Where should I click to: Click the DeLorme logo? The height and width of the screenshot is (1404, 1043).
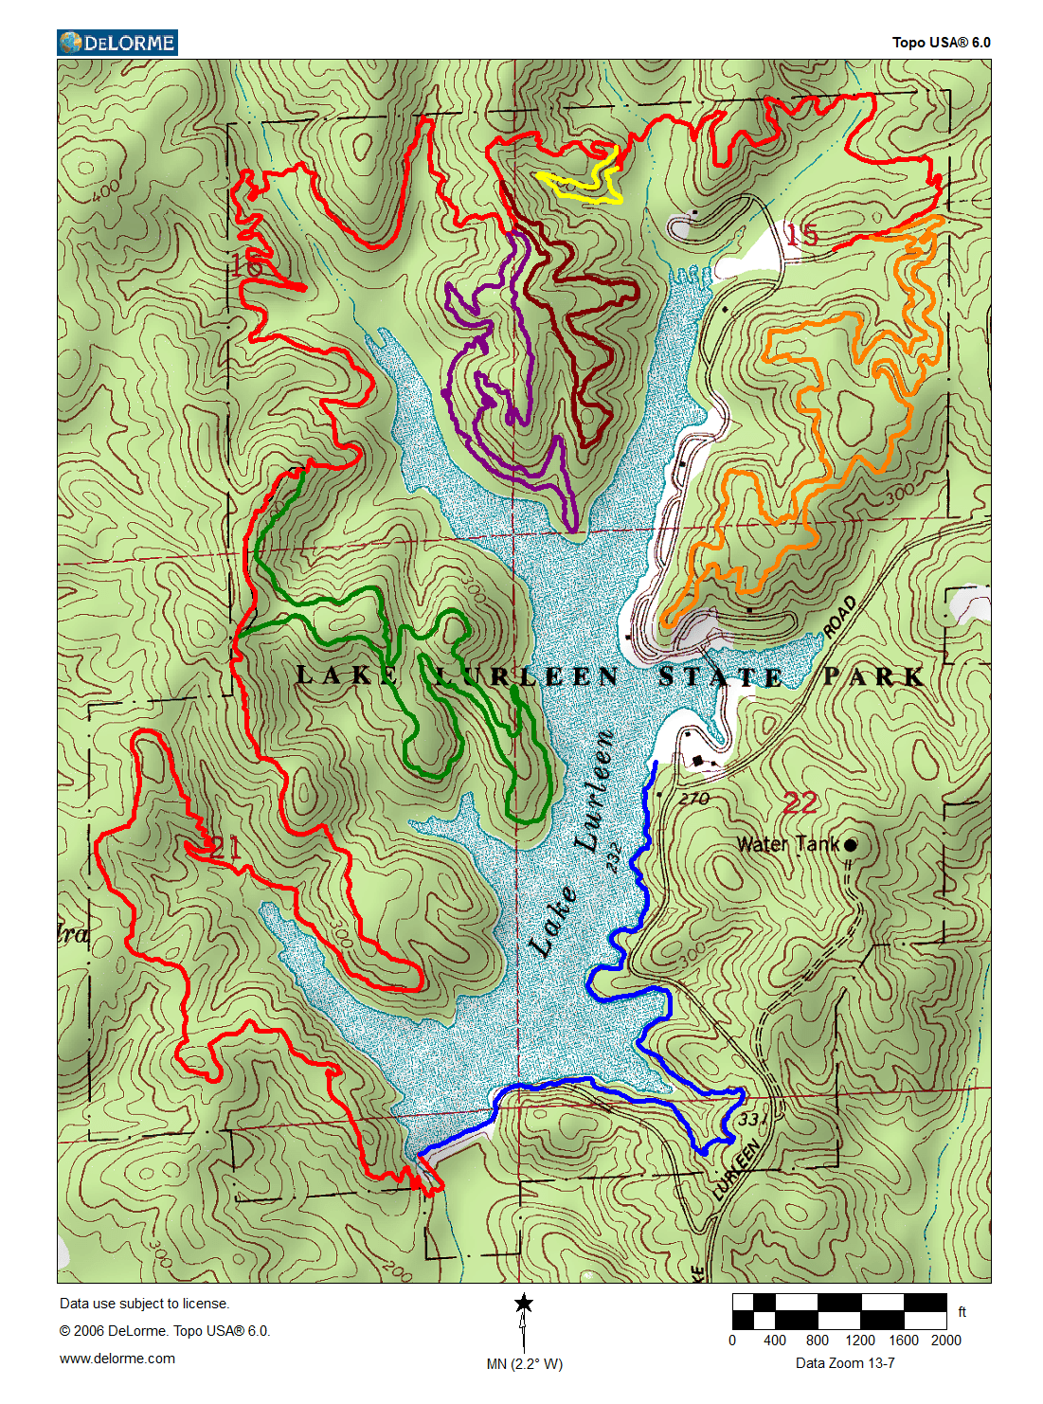coord(117,43)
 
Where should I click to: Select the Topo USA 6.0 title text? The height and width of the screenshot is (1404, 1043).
coord(941,43)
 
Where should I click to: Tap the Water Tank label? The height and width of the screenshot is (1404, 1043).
coord(788,844)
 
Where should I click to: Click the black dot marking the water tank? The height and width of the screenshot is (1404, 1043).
coord(851,844)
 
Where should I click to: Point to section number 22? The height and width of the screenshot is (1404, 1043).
coord(800,803)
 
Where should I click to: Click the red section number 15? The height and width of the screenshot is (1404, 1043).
coord(801,234)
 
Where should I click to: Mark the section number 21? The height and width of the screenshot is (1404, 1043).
coord(224,847)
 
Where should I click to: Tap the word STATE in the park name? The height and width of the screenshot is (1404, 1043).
coord(721,677)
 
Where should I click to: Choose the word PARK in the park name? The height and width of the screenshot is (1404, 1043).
coord(872,676)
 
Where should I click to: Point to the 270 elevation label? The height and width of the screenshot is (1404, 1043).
coord(694,799)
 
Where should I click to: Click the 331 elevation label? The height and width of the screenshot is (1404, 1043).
coord(751,1120)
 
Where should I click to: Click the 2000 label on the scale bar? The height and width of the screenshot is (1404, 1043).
coord(945,1340)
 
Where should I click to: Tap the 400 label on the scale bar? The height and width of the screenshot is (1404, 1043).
coord(775,1340)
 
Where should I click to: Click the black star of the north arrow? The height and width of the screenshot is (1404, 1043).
coord(524,1304)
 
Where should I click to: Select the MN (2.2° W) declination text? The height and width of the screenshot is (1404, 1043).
coord(524,1364)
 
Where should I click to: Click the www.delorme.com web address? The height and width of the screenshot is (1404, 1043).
coord(117,1359)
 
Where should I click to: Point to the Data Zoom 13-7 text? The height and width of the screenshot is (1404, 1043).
coord(845,1363)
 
